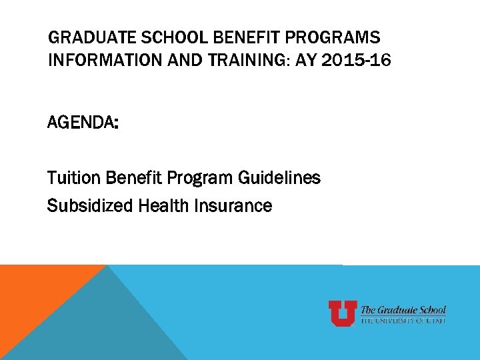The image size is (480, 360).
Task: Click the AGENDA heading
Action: pos(83,123)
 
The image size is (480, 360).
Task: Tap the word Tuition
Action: pos(71,178)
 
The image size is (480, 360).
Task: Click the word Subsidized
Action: pos(90,206)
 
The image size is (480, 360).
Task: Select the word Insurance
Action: pos(233,206)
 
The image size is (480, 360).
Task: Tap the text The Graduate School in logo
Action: pos(403,309)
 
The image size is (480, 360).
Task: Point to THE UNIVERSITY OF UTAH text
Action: pos(403,321)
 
